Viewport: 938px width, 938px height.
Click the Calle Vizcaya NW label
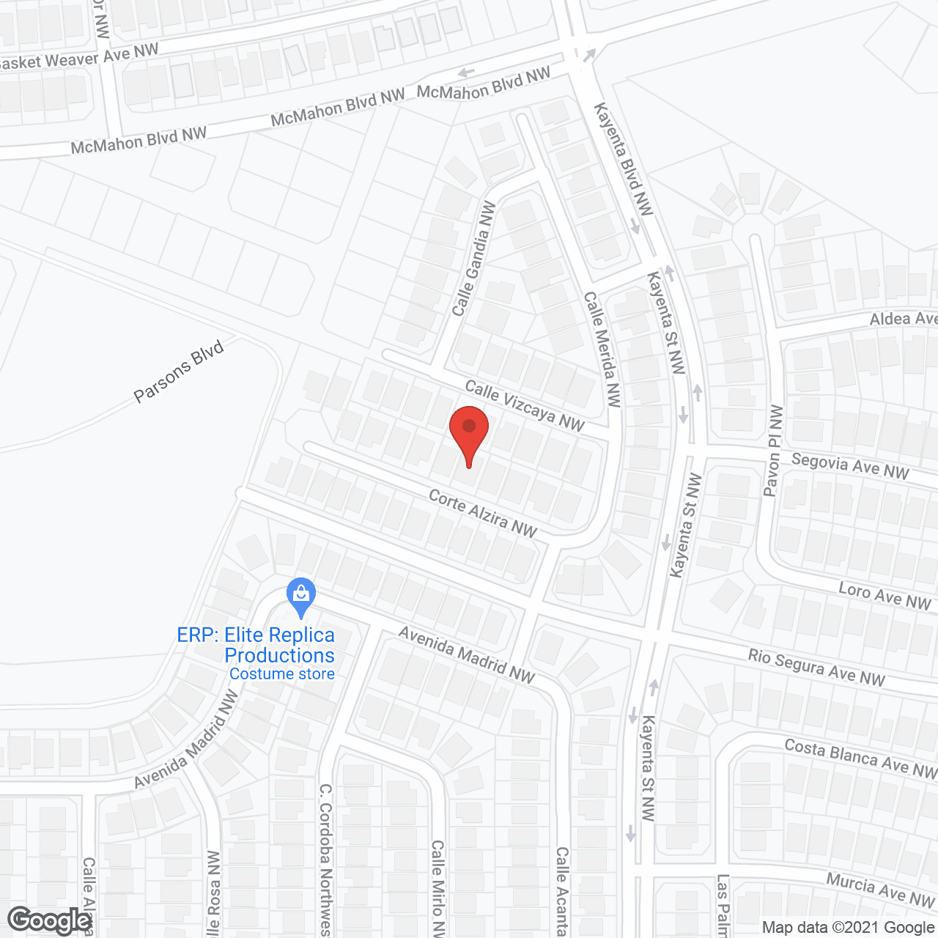click(x=525, y=406)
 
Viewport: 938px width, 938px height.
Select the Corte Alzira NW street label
click(x=483, y=513)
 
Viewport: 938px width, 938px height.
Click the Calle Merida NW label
click(x=602, y=349)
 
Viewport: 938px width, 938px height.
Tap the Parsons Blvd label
click(x=179, y=372)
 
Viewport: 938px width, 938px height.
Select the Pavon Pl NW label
click(x=773, y=451)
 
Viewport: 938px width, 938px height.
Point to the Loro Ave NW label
click(x=885, y=597)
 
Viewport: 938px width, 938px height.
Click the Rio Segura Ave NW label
click(x=816, y=667)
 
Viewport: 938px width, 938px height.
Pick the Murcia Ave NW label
click(x=880, y=889)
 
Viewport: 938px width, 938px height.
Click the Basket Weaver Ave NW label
click(x=78, y=57)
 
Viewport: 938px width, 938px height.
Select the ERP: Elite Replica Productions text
click(x=256, y=645)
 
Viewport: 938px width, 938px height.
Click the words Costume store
click(x=282, y=674)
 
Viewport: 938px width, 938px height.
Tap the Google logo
click(x=50, y=920)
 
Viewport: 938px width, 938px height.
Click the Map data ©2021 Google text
click(x=848, y=928)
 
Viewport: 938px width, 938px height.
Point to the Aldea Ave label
click(x=903, y=318)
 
